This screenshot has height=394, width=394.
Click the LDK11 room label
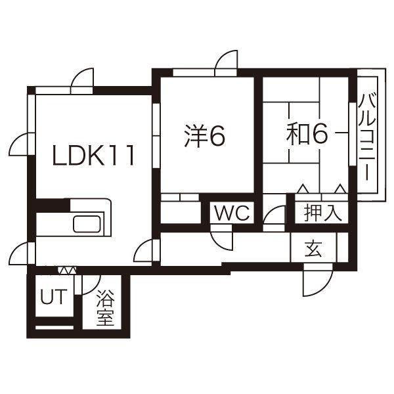(93, 155)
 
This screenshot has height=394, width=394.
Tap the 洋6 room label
(204, 135)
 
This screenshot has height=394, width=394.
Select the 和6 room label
(307, 135)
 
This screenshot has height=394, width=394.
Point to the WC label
(232, 213)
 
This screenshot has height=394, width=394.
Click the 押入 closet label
(323, 213)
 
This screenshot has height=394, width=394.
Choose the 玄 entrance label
(313, 248)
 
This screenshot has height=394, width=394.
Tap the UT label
(54, 297)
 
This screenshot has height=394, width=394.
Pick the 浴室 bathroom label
(106, 307)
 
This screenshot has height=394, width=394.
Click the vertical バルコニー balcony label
(367, 137)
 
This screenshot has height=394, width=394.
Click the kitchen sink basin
(87, 224)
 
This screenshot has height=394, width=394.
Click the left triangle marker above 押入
(303, 188)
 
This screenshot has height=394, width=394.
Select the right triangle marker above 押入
(340, 188)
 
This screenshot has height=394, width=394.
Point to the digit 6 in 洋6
(217, 135)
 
